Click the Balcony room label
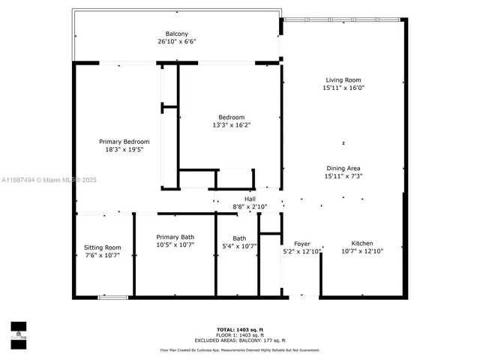tap(177, 34)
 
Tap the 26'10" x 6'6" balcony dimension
tap(177, 42)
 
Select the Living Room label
tap(343, 79)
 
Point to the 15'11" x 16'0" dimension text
tap(343, 88)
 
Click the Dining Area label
tap(343, 168)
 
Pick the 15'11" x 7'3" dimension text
tap(343, 176)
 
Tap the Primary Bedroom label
tap(124, 142)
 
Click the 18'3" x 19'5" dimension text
tap(124, 150)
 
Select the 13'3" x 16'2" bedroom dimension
tap(231, 125)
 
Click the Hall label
tap(239, 198)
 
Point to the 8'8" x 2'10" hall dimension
tap(239, 206)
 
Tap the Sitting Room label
tap(102, 247)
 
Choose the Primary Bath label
tap(175, 237)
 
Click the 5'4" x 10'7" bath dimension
tap(239, 246)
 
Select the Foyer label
tap(301, 244)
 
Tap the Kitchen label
tap(362, 244)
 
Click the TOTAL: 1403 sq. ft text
tap(239, 330)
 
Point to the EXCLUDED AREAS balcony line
tap(239, 340)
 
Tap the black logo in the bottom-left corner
tap(18, 331)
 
